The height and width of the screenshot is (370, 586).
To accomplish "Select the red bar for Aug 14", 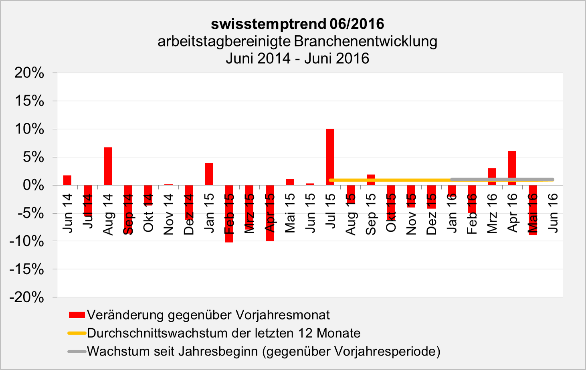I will [x=107, y=166].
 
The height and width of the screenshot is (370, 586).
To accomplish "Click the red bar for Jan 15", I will [x=209, y=174].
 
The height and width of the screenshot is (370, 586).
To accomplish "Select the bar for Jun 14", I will [x=67, y=180].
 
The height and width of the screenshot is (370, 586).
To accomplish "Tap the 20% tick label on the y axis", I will [x=29, y=73].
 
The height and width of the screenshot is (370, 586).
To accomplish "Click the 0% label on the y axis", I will [x=33, y=185].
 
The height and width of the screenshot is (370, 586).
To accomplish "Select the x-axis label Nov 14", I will [x=169, y=214].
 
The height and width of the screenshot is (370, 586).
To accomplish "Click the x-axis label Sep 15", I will [x=371, y=214].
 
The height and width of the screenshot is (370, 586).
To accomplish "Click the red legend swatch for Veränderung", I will [x=77, y=315].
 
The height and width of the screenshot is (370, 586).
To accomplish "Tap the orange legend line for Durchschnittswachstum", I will [x=77, y=333].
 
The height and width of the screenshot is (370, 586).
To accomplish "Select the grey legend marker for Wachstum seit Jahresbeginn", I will [x=77, y=352].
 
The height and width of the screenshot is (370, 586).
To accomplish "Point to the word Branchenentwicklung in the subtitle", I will [x=365, y=41].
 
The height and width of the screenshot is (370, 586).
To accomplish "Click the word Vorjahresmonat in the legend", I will [x=283, y=315].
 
